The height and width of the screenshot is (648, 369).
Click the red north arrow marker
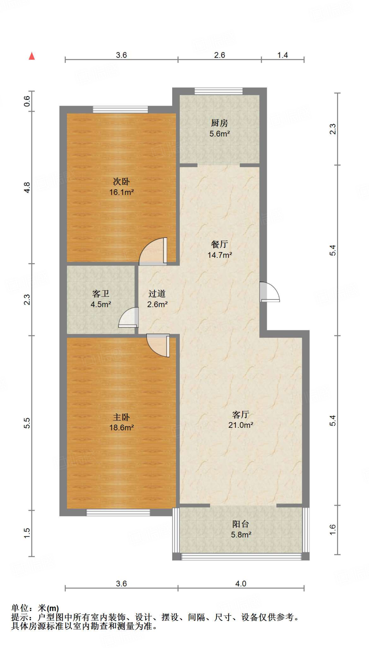[32, 56]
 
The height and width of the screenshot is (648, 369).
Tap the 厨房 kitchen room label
[219, 128]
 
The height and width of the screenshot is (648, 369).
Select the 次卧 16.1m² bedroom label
[122, 187]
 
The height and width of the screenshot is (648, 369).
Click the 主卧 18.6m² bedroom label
[122, 422]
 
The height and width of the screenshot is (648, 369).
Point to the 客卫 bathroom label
[101, 299]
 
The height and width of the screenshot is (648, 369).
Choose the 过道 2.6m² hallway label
[157, 299]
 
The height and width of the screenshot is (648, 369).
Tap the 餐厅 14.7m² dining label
[220, 249]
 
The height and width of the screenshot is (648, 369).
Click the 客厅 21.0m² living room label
[241, 420]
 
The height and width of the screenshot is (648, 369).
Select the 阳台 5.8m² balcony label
[241, 529]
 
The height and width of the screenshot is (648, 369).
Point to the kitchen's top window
[219, 91]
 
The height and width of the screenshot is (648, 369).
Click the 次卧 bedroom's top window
[120, 109]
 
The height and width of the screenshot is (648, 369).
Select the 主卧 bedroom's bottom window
[118, 513]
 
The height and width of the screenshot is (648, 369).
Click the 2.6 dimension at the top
[219, 55]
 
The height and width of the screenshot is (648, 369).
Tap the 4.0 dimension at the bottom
[241, 583]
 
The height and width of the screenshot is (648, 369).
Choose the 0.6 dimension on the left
[27, 101]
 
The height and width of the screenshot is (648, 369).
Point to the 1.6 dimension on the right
[332, 530]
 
